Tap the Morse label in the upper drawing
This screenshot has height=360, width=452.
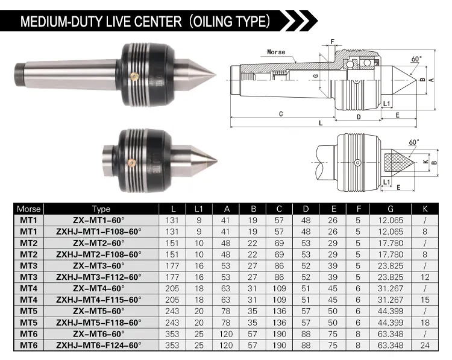tap(277, 52)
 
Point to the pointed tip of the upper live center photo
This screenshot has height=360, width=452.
tap(215, 75)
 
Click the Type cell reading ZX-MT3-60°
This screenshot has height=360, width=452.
tap(99, 265)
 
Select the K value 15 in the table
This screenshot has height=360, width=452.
tap(425, 299)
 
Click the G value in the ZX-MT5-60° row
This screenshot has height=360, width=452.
tap(391, 311)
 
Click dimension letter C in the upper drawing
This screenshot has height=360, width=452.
tap(281, 113)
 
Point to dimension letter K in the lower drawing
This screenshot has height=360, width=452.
tap(425, 162)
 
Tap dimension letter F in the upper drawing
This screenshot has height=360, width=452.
tap(331, 42)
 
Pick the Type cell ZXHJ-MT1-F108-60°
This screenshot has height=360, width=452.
tap(99, 231)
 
